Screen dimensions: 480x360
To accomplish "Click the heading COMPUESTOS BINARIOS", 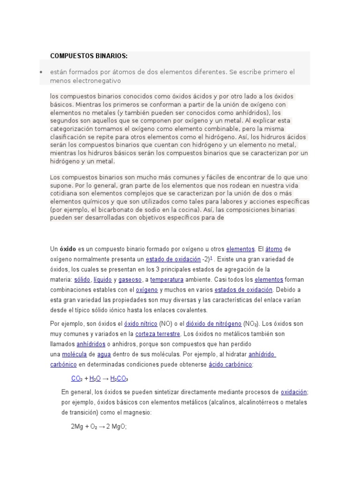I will point(89,56).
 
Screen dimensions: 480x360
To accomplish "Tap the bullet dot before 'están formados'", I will point(41,72).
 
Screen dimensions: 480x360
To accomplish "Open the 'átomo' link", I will point(274,249).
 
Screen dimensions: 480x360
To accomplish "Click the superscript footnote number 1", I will point(211,258).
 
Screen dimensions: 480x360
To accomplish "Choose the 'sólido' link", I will point(82,279).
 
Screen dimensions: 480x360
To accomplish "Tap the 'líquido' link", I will point(103,279).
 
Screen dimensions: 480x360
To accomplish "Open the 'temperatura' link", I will point(166,279).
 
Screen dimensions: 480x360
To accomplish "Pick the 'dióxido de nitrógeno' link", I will point(214,323).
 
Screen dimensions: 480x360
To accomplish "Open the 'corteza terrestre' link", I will point(157,334).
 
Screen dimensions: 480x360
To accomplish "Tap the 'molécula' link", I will point(74,354).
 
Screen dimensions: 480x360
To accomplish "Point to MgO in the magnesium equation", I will point(119,427).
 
